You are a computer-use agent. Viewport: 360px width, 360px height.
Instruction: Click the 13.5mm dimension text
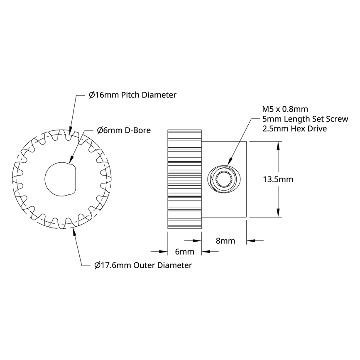click(x=278, y=179)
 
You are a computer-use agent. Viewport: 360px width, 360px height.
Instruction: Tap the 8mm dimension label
click(x=225, y=241)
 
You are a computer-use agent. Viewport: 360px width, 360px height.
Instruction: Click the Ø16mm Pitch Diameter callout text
click(x=132, y=95)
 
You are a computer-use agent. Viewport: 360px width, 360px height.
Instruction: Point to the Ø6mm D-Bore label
click(x=123, y=130)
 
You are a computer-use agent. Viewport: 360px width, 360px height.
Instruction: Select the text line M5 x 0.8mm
click(x=285, y=109)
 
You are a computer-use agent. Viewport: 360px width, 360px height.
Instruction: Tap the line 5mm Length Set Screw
click(x=305, y=119)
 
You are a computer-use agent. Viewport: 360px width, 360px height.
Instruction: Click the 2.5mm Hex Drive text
click(x=294, y=129)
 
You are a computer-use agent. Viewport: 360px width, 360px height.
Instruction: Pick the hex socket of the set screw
click(x=224, y=179)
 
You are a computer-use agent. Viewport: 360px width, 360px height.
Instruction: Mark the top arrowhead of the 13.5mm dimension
click(x=278, y=144)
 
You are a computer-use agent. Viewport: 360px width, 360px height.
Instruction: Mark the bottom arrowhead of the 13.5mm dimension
click(x=278, y=214)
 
